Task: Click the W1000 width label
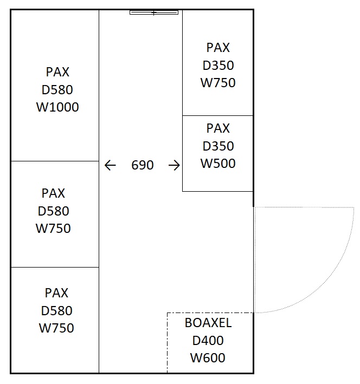(x=57, y=107)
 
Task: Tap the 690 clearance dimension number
(x=143, y=165)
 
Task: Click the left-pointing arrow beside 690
(x=110, y=165)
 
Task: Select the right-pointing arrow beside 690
(x=174, y=165)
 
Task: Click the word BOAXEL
(x=208, y=323)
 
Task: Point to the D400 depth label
(x=208, y=341)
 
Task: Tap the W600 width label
(x=208, y=358)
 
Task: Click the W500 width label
(x=218, y=164)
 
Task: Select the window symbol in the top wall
(x=154, y=12)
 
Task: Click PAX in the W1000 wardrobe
(x=57, y=72)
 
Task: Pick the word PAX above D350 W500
(x=218, y=128)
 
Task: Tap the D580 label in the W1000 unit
(x=57, y=89)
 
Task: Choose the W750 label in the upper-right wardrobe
(x=218, y=83)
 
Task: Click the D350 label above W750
(x=218, y=66)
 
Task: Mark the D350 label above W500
(x=218, y=146)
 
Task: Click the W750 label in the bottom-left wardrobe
(x=56, y=328)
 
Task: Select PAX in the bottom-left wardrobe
(x=56, y=293)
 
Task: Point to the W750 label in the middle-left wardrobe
(x=53, y=228)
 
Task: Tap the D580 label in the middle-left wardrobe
(x=54, y=211)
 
